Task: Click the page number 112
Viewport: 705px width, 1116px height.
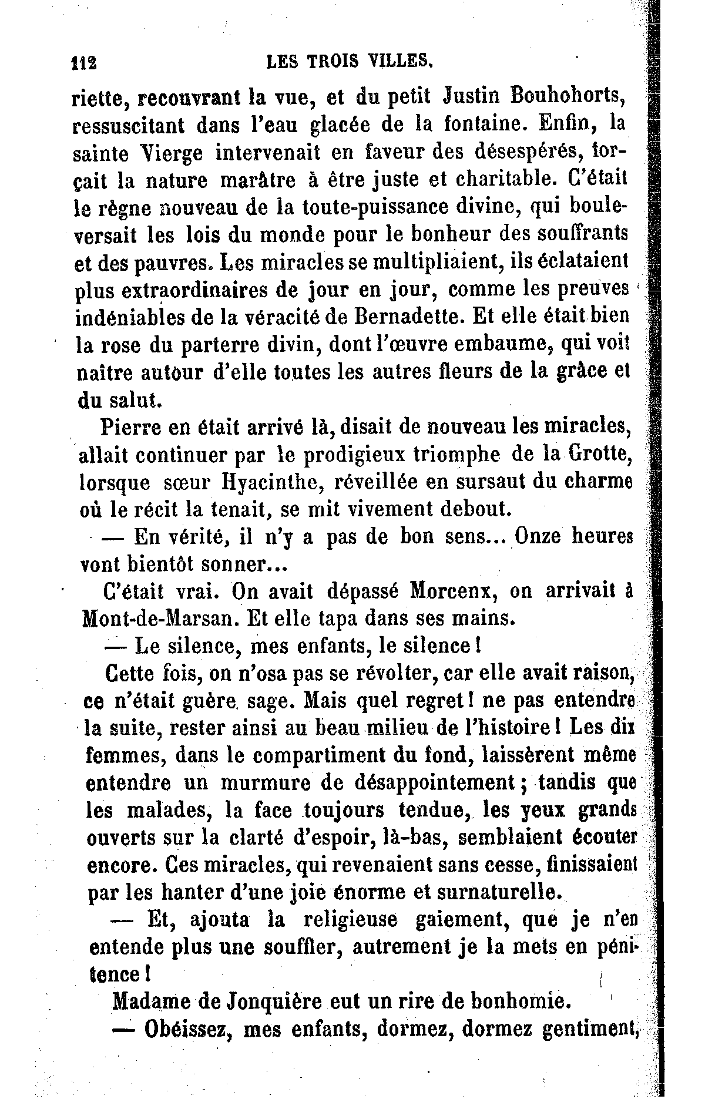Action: click(84, 62)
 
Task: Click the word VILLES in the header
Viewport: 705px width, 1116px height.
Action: click(401, 60)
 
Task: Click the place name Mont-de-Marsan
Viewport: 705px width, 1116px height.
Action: click(157, 618)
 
